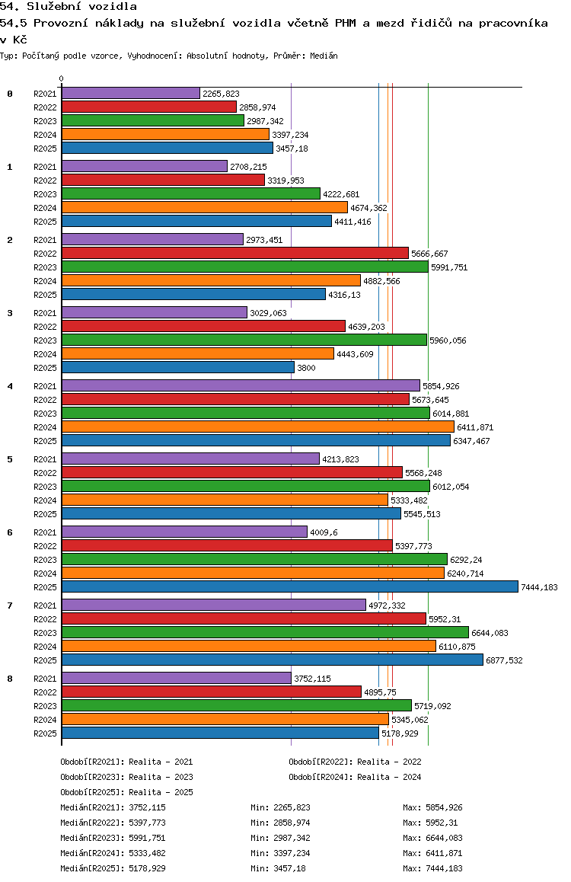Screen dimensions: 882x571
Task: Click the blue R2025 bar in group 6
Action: (289, 586)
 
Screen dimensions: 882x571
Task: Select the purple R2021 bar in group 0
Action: (130, 93)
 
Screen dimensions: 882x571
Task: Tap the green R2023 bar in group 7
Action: (265, 632)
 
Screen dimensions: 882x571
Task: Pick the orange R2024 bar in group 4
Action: (257, 427)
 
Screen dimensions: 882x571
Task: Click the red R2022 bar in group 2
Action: (234, 253)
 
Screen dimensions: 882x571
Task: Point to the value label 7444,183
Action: (539, 587)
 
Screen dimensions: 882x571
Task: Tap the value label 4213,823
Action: (340, 459)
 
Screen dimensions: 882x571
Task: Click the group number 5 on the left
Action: (10, 459)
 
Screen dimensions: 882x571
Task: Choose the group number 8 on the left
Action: (10, 679)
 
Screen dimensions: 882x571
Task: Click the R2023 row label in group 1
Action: (46, 194)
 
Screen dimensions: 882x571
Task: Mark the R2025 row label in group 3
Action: (46, 368)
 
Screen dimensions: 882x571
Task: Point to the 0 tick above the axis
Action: (62, 79)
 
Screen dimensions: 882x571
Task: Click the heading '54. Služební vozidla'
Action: (69, 7)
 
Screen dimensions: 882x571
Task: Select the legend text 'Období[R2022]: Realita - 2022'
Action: (355, 762)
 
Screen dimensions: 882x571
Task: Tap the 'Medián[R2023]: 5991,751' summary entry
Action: (113, 838)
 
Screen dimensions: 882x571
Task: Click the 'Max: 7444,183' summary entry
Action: (432, 868)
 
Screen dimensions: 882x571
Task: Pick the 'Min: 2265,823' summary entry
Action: (280, 807)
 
